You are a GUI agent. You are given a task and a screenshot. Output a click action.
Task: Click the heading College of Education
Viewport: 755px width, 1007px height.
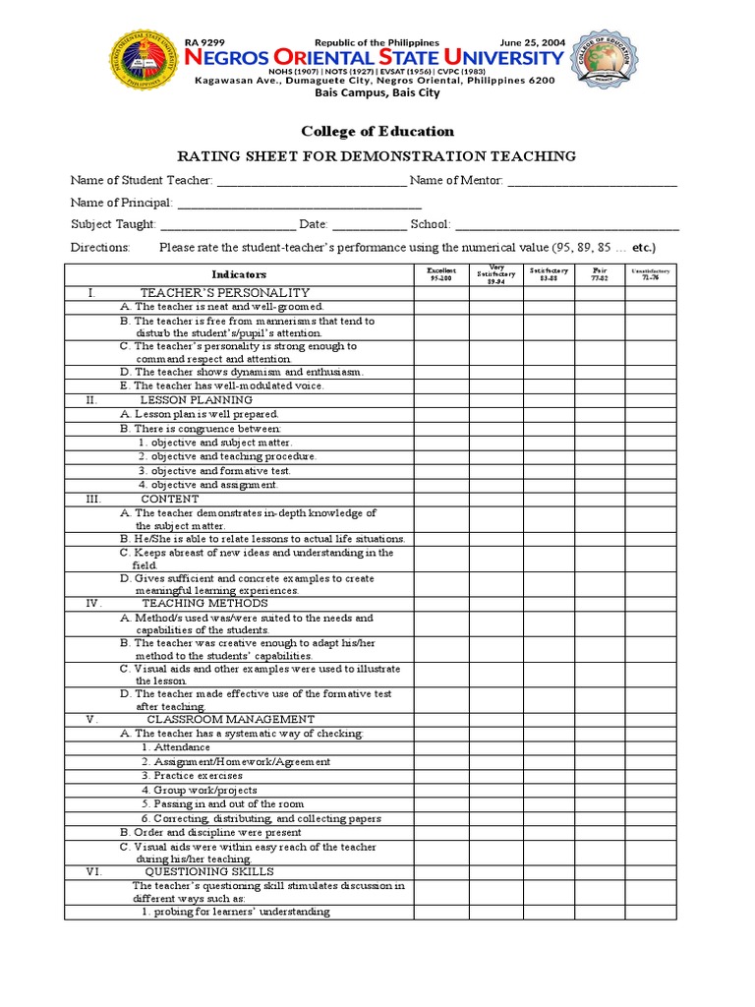tap(377, 131)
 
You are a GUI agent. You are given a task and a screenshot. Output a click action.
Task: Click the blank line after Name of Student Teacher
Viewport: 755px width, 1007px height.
tap(310, 182)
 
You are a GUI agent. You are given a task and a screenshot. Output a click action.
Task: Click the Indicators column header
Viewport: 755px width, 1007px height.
tap(239, 274)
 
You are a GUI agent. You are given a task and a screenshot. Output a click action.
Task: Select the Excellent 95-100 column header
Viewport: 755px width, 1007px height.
tap(441, 274)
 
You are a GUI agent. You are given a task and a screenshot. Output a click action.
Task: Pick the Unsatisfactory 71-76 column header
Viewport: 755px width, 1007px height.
tap(650, 274)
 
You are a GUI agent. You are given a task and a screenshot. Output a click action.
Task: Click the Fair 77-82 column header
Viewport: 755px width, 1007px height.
tap(600, 274)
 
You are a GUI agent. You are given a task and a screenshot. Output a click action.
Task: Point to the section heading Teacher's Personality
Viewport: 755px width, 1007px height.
tap(225, 293)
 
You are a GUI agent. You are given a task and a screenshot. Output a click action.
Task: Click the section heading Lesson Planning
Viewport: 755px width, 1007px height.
tap(197, 400)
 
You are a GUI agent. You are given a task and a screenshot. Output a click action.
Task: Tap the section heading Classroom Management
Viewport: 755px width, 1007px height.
tap(230, 719)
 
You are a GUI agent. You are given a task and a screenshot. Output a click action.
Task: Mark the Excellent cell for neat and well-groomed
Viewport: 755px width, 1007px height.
tap(441, 307)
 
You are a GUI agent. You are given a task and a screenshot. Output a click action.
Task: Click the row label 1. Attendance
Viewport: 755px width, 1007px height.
tap(175, 747)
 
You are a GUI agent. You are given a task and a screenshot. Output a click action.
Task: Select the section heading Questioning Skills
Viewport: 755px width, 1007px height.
tap(209, 871)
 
